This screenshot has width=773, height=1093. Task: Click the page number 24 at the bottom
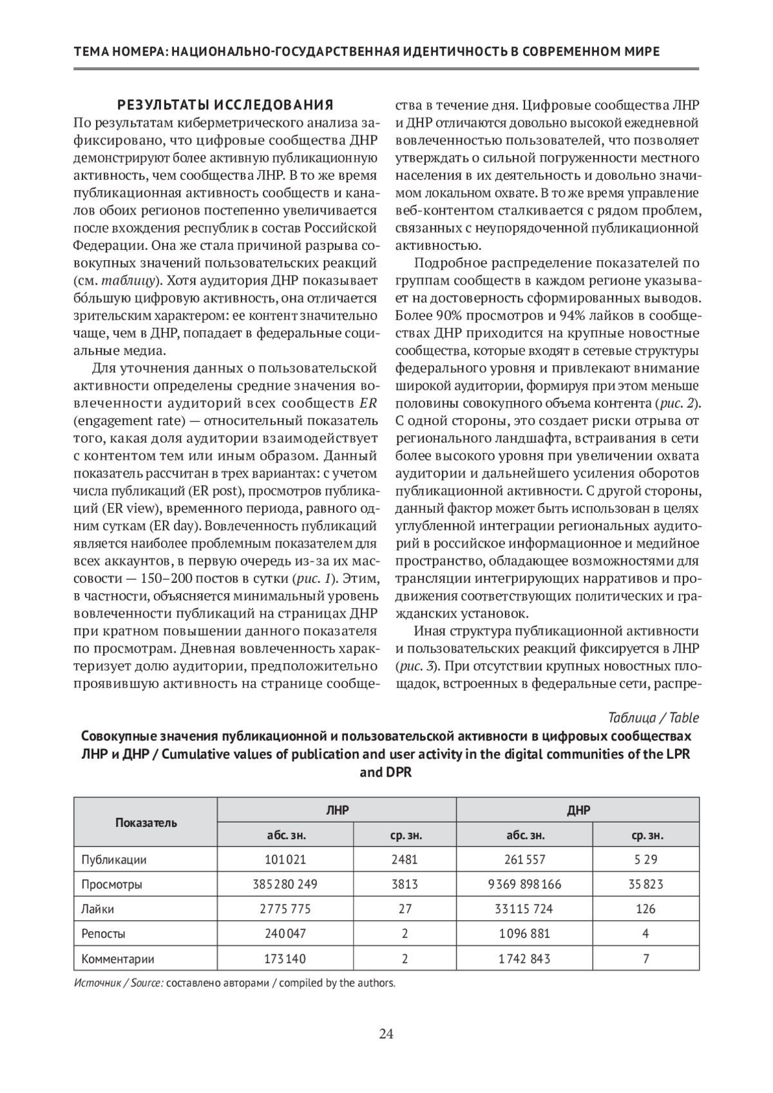tap(386, 1034)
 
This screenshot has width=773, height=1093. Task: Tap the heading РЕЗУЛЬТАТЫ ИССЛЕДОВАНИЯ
tap(224, 104)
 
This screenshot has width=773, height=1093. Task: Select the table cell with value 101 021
tap(285, 859)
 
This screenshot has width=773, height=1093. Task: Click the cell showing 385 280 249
tap(285, 884)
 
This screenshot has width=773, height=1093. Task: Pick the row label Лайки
tap(98, 909)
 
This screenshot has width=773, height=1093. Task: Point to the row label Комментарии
tap(118, 958)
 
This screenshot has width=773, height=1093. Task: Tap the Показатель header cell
tap(146, 822)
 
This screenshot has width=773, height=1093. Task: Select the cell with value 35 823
tap(645, 884)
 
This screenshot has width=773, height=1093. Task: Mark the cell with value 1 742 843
tap(524, 958)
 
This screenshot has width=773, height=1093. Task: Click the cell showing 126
tap(645, 909)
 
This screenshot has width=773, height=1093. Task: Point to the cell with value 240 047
tap(285, 933)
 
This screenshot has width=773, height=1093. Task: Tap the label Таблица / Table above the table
tap(653, 718)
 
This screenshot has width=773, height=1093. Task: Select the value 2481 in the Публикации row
tap(405, 859)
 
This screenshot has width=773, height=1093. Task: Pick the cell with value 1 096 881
tap(524, 933)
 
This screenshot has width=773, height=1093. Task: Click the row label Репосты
tap(103, 933)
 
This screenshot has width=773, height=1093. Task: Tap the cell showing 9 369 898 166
tap(524, 884)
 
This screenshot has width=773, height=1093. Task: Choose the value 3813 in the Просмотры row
tap(405, 884)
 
